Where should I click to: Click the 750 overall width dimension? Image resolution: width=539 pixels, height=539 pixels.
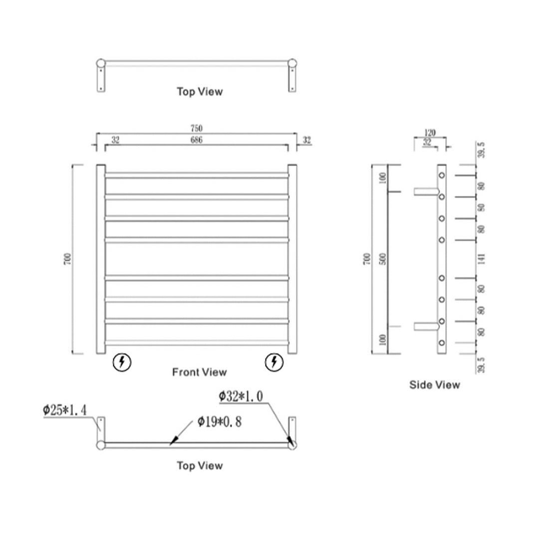coord(196,129)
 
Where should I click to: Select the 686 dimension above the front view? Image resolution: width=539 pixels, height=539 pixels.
coord(196,141)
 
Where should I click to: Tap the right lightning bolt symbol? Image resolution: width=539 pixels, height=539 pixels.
coord(273,362)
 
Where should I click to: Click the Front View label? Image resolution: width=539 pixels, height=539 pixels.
coord(199,372)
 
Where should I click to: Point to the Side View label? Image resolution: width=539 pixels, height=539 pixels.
coord(435,385)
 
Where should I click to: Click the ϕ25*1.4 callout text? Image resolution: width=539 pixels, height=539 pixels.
coord(65,411)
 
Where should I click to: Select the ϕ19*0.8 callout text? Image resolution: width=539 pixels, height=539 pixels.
coord(219,422)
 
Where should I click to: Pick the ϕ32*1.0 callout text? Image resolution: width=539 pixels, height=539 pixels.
coord(241,397)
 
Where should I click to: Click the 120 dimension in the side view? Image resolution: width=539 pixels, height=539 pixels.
coord(430,133)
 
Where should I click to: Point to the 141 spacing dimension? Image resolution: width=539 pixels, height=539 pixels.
coord(482,259)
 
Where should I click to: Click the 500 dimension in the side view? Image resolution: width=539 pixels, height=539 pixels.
coord(382,259)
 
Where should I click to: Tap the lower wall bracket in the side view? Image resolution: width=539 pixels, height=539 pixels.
coord(425,326)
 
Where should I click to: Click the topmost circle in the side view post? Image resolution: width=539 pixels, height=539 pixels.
coord(441,175)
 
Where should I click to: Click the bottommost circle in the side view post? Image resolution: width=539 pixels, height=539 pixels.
coord(441,343)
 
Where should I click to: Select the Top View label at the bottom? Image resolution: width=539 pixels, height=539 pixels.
coord(199,466)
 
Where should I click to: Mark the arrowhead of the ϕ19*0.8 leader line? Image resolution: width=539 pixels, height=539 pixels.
coord(173,441)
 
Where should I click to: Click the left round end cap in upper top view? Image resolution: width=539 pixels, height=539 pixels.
coord(101,63)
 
